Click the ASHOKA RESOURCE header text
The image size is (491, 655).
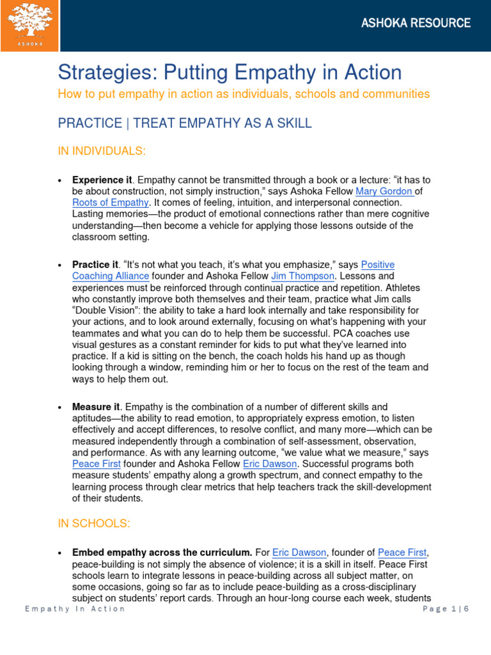tap(416, 23)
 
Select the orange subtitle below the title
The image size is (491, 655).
tap(244, 94)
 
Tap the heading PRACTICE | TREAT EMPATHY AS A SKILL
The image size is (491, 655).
tap(185, 123)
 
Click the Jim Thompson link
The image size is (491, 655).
tap(302, 276)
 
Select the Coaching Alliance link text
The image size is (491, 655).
tap(111, 276)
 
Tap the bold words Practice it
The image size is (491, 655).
tap(95, 264)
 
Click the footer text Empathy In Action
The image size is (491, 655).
tap(75, 608)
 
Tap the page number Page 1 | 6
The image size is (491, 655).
tap(446, 608)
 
